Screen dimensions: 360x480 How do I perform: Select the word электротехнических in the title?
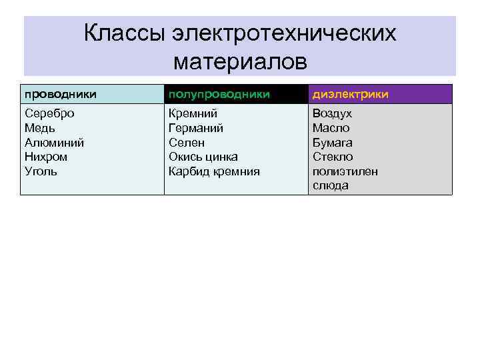[283, 33]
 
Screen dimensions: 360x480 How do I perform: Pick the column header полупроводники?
[219, 94]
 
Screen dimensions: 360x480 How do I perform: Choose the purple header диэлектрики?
[351, 94]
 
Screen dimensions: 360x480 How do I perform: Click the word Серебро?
[49, 113]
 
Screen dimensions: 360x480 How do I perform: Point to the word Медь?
[40, 128]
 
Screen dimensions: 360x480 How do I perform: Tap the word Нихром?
[46, 157]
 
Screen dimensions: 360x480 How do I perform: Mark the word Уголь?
[41, 171]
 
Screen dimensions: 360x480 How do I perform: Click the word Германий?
[196, 128]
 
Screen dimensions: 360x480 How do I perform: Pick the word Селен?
[187, 143]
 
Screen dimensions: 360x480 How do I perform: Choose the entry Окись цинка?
[203, 157]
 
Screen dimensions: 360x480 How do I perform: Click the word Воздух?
[333, 113]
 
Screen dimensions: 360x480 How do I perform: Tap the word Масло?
[331, 128]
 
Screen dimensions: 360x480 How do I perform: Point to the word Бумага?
[333, 143]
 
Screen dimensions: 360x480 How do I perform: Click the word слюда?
[331, 186]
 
